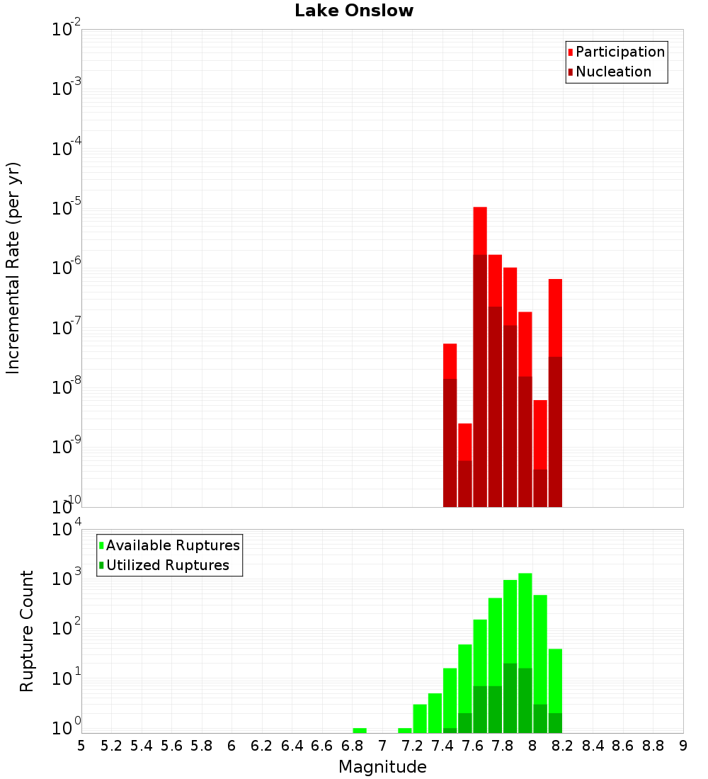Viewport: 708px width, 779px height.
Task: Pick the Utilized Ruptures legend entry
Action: pos(167,565)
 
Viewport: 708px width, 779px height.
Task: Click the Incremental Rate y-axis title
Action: pos(13,268)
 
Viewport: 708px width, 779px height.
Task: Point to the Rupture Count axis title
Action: pos(27,631)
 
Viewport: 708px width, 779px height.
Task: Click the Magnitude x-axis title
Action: pos(382,766)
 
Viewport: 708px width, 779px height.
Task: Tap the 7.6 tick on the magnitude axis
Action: pos(472,746)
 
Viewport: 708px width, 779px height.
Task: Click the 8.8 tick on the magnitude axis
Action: pos(653,746)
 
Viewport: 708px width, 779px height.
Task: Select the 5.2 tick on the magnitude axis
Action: pos(111,746)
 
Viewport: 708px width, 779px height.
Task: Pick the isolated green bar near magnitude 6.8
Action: pos(360,730)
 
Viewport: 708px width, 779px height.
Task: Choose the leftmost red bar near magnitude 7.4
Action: pos(450,361)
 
